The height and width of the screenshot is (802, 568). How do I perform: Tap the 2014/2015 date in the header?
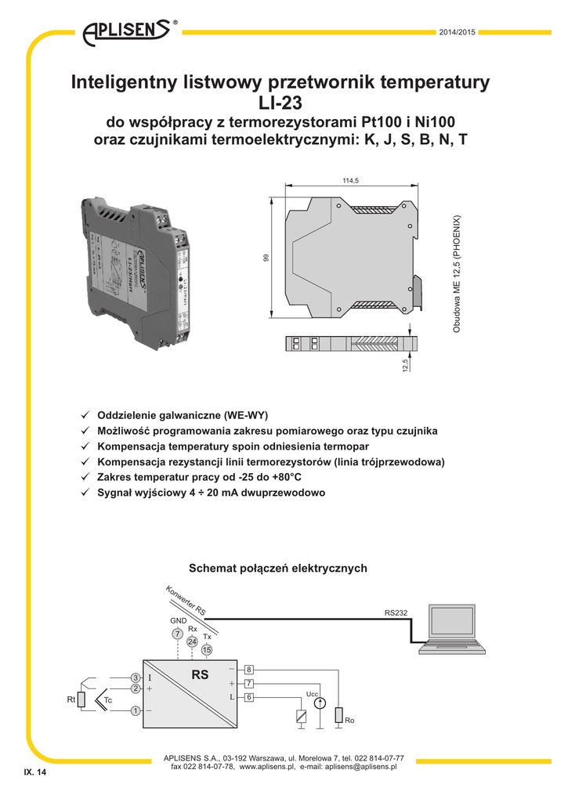[457, 32]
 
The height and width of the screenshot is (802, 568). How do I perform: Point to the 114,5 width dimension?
[350, 181]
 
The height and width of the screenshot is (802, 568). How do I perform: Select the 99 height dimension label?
[266, 258]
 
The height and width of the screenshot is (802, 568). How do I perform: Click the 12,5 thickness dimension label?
[405, 365]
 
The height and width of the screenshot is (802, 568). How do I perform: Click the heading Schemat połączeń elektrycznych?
[278, 568]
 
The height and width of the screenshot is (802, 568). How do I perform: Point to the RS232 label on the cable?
[396, 612]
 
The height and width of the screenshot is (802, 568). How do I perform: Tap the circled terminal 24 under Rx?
[193, 641]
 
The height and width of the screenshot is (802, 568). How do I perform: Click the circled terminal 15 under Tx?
[207, 650]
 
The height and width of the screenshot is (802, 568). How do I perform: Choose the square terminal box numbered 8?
[248, 670]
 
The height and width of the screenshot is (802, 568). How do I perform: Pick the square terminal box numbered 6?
[248, 697]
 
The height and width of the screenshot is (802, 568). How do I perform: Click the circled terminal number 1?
[135, 710]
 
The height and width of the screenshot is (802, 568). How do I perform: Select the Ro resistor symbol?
[338, 716]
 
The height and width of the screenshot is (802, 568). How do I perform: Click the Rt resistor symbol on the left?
[81, 699]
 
